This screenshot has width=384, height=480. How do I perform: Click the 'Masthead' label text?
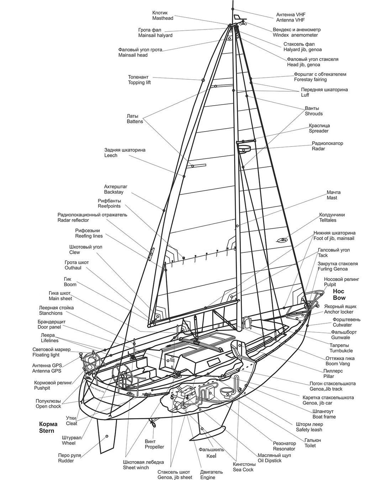163,18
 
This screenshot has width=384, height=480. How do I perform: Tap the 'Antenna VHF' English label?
290,20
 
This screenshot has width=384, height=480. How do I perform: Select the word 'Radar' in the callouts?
318,149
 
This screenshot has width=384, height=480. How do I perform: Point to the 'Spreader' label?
319,131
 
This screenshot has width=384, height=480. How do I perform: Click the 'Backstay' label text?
114,192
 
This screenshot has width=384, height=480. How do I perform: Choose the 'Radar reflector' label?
73,220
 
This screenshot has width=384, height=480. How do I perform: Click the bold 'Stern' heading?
47,431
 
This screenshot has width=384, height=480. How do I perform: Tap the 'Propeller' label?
154,447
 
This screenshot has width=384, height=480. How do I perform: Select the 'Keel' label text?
211,456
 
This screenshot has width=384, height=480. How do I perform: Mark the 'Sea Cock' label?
243,470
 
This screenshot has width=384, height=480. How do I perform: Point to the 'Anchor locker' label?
338,312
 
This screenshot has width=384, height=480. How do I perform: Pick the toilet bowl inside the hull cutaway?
226,392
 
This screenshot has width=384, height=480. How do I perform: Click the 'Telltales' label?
327,220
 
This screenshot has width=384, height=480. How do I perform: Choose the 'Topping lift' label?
139,83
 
